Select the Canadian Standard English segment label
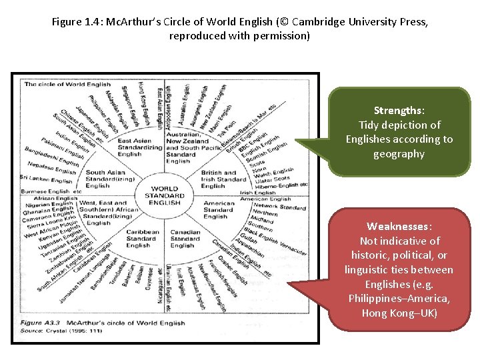[185, 239]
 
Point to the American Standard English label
[218, 209]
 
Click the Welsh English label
[273, 172]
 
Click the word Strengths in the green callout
[399, 110]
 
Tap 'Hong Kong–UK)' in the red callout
[399, 313]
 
